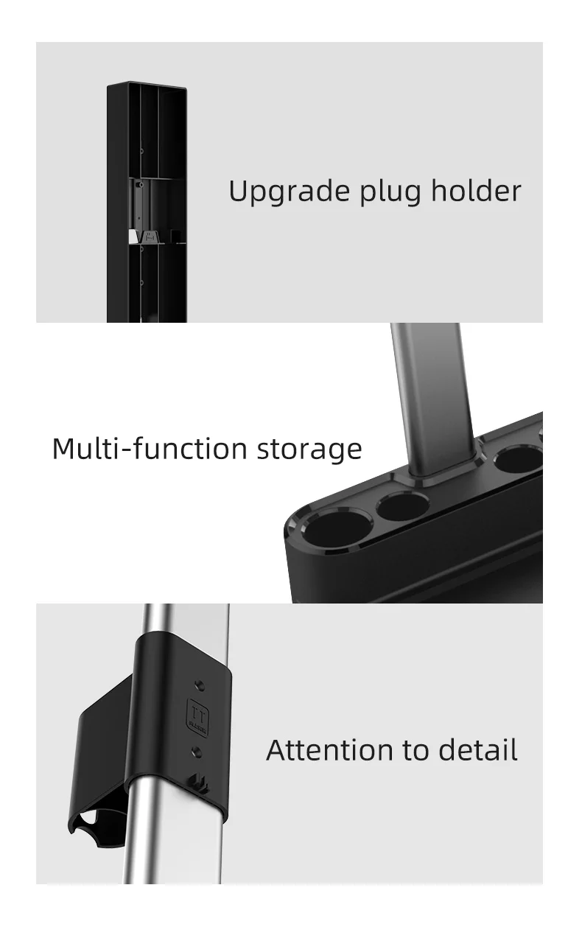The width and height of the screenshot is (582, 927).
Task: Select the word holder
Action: tap(476, 191)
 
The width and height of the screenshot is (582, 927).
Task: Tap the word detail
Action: tap(478, 750)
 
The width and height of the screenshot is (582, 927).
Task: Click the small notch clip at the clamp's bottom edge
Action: tap(201, 783)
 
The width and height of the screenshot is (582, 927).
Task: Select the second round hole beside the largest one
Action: tap(402, 507)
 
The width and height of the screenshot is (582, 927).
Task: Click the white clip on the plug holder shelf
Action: tap(133, 237)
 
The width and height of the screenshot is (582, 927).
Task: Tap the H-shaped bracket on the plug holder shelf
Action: tap(151, 237)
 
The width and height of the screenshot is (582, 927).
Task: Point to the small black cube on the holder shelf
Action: tap(175, 236)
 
